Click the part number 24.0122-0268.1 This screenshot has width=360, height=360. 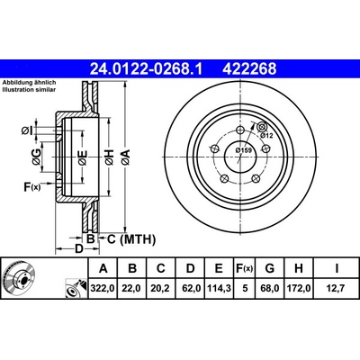pyautogui.click(x=147, y=69)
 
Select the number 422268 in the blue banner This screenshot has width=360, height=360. pyautogui.click(x=249, y=69)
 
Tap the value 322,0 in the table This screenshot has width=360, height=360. pyautogui.click(x=103, y=289)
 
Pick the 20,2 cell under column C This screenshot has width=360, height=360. pyautogui.click(x=161, y=289)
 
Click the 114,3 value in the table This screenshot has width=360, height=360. pyautogui.click(x=219, y=289)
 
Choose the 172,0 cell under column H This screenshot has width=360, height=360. pyautogui.click(x=299, y=289)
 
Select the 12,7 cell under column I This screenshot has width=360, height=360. pyautogui.click(x=337, y=289)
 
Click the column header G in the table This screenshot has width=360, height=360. pyautogui.click(x=270, y=268)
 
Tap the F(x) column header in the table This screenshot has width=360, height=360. pyautogui.click(x=244, y=268)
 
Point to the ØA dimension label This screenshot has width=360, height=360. pyautogui.click(x=126, y=157)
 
